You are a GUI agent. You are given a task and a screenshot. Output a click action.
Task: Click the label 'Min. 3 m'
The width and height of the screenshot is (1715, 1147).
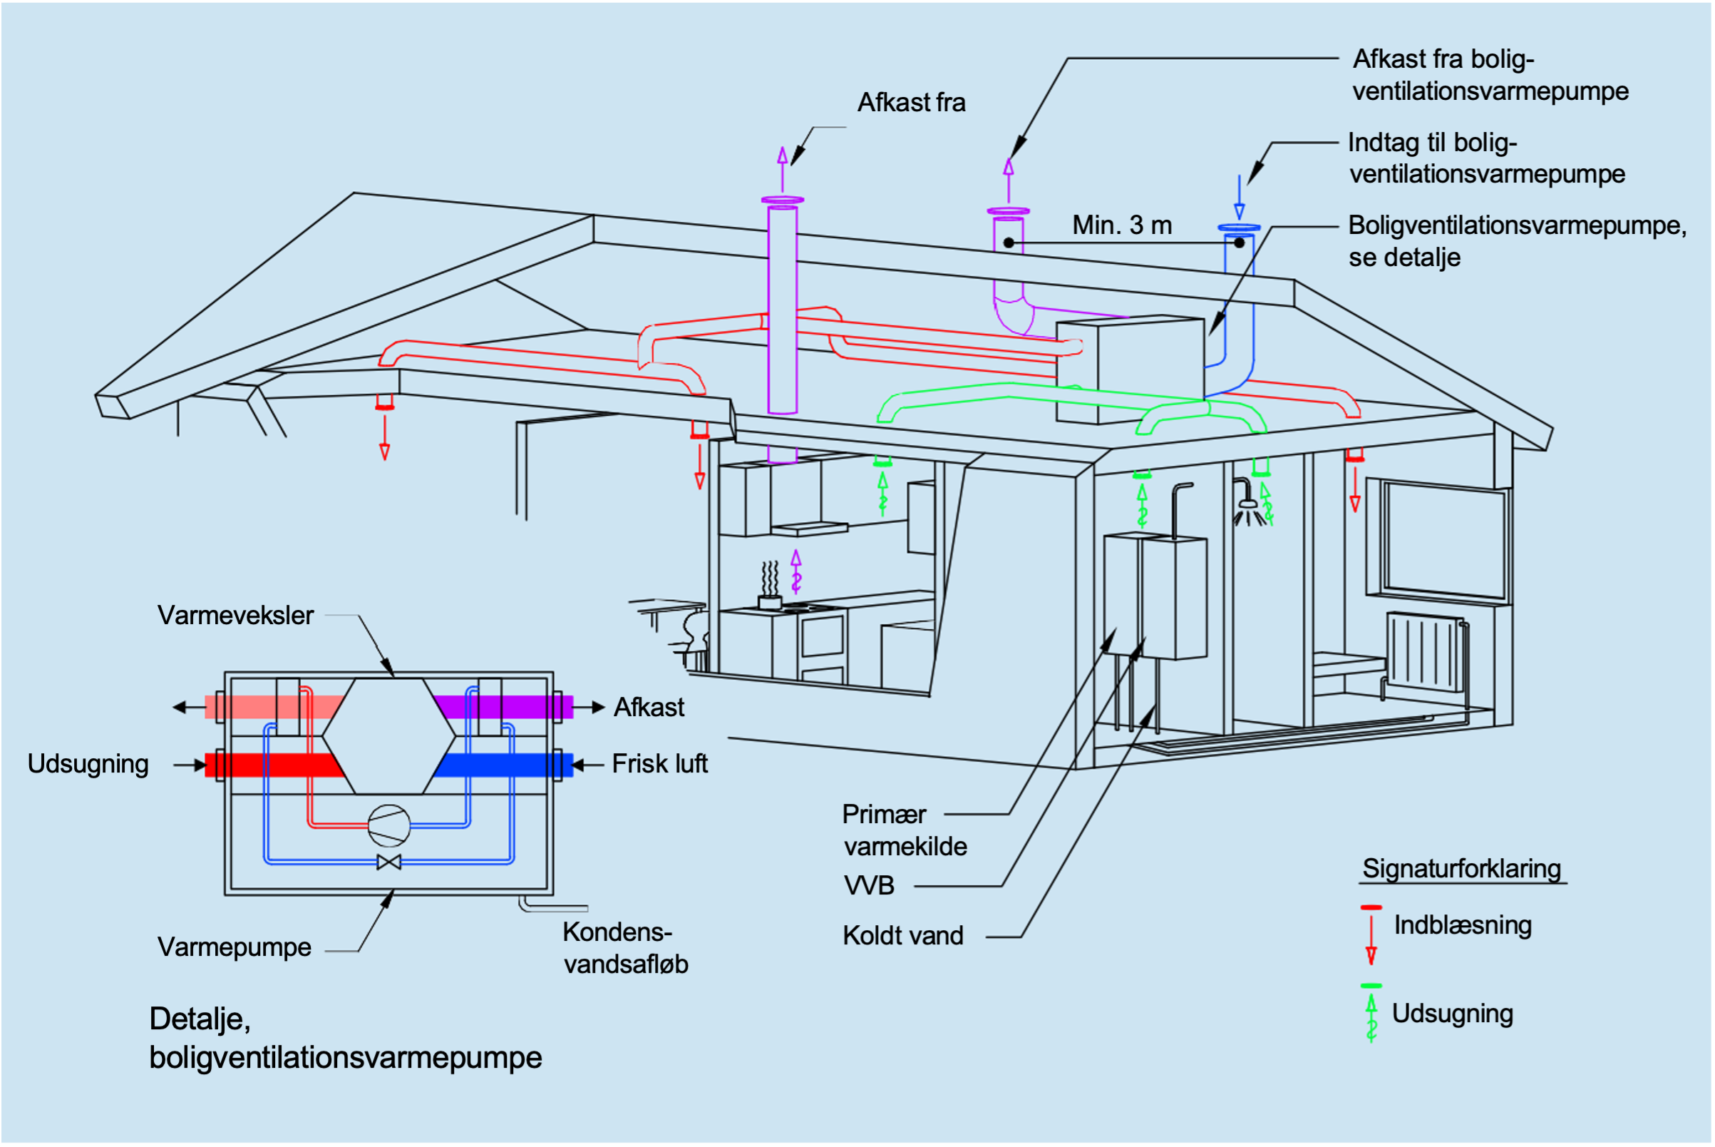coord(1121,225)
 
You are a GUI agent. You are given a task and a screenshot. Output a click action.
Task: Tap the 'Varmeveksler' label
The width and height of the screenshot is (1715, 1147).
coord(235,615)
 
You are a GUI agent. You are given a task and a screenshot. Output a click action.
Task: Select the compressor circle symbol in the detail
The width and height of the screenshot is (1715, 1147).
coord(389,825)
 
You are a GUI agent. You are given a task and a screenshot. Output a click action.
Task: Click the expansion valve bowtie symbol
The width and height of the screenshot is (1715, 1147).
coord(389,862)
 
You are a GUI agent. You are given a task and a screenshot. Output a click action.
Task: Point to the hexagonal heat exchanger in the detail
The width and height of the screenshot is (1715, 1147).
coord(389,735)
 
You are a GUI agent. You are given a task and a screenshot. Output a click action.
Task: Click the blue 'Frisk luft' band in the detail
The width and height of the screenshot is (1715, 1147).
coord(505,765)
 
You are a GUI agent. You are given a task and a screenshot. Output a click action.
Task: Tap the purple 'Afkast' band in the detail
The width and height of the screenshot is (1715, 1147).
coord(505,708)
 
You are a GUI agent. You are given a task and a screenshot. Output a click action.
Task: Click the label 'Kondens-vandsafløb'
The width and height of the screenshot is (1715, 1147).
coord(625,948)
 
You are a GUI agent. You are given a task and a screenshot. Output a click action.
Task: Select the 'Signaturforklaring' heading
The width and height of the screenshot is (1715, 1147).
coord(1461,868)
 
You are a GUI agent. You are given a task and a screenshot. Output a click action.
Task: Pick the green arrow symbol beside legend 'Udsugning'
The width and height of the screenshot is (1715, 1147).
coord(1371,1014)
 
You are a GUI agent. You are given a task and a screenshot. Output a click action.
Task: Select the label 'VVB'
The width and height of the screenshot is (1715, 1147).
coord(868,886)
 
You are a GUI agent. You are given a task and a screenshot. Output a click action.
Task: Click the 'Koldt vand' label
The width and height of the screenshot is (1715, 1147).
coord(903,936)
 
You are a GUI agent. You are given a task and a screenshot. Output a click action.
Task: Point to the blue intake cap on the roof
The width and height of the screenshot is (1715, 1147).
coord(1239,228)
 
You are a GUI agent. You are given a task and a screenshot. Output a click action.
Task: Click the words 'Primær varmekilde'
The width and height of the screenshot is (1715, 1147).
coord(905,830)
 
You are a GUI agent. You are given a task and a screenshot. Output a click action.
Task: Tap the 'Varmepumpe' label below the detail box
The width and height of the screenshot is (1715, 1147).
coord(234,947)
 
